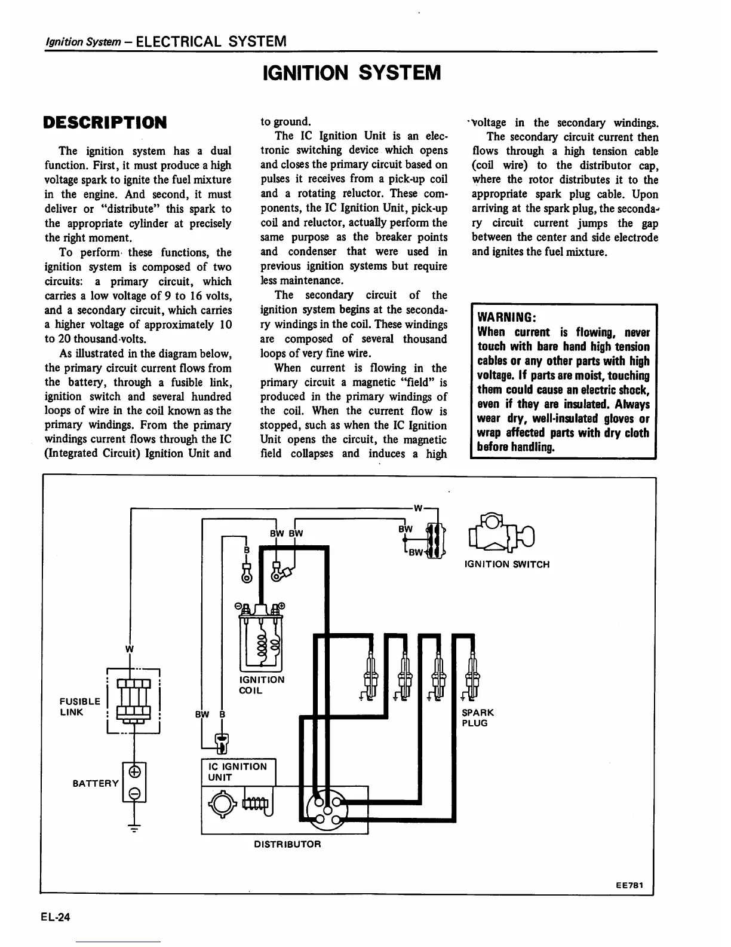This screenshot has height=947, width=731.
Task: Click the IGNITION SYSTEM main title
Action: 351,73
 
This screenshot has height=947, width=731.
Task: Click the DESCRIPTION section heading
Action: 105,123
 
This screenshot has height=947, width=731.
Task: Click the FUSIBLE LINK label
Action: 79,707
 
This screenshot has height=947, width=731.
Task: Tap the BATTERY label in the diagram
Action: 96,783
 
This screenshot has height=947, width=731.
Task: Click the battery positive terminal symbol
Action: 135,771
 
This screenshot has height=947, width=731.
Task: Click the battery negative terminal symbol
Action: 135,793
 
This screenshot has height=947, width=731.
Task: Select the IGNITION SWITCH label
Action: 507,564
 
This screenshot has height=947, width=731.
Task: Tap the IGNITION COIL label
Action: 262,685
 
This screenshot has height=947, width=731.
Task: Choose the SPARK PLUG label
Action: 478,717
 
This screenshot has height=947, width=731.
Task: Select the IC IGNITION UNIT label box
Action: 238,772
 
